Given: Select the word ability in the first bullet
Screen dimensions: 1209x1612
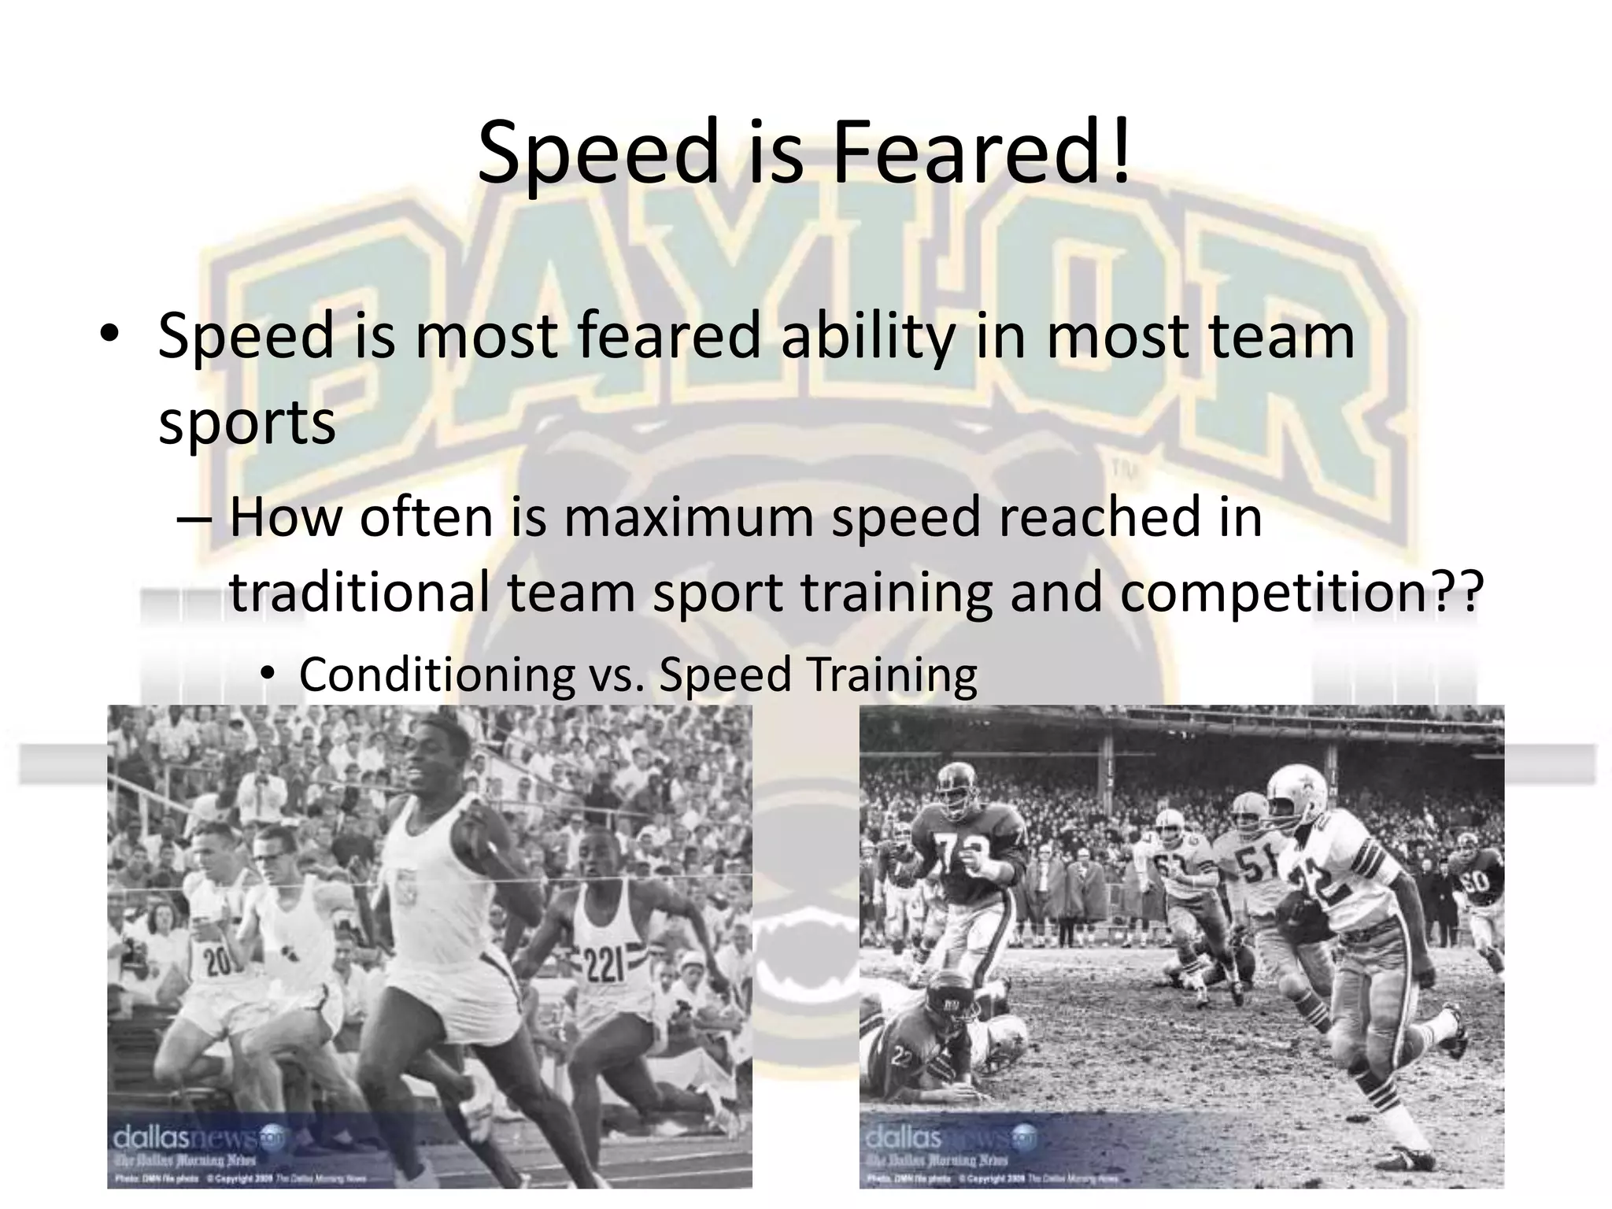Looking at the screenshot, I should (866, 336).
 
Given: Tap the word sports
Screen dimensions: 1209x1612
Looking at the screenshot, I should (247, 423).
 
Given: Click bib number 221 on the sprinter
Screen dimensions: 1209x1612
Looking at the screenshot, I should (603, 965).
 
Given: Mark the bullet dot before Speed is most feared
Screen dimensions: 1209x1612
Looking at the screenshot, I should (109, 335).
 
